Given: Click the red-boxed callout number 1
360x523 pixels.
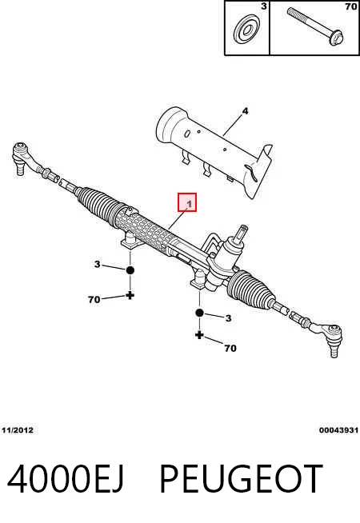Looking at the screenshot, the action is (190, 203).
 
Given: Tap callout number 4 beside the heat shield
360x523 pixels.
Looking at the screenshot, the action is (245, 111).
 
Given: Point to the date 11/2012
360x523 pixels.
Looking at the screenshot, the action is (18, 430).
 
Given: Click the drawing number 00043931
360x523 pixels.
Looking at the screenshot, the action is (338, 430).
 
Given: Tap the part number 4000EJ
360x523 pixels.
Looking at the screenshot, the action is (66, 479).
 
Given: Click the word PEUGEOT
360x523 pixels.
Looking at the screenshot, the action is (242, 479).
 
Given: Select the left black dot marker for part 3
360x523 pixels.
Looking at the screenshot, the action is (130, 270).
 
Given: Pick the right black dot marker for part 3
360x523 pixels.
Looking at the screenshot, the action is (199, 313).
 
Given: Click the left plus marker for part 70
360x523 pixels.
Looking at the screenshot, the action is (130, 295).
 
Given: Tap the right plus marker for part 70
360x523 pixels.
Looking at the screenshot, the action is (199, 335).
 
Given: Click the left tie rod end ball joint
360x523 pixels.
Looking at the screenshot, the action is (22, 156).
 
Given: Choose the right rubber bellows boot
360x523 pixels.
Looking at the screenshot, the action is (251, 289).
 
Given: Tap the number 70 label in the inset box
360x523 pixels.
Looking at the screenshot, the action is (351, 6).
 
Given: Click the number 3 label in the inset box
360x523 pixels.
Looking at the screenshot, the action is (264, 6).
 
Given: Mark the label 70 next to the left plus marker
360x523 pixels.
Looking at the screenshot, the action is (94, 300).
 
